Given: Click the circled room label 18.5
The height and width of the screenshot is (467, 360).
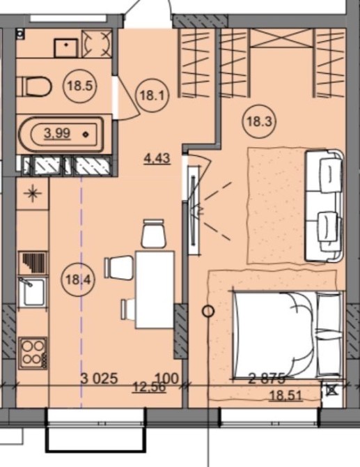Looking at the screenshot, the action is (80, 86).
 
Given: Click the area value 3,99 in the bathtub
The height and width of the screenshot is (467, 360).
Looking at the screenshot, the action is (57, 133).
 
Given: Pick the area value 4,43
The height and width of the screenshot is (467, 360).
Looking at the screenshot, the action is (157, 158).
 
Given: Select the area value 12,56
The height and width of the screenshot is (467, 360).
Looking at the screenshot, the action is (149, 388).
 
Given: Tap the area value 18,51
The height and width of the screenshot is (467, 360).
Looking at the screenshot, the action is (285, 396).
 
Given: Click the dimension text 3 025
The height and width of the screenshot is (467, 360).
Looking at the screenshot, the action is (100, 378).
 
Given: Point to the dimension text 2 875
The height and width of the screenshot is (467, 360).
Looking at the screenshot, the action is (267, 378).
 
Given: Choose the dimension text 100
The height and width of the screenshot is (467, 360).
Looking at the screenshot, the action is (167, 378).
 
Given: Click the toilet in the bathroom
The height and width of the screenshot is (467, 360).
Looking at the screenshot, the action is (33, 86).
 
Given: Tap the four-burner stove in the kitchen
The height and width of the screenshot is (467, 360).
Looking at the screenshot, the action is (33, 353).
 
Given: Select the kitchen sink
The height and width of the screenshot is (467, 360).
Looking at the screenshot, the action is (33, 293).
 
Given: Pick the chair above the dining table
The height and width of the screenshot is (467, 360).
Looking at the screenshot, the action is (153, 233).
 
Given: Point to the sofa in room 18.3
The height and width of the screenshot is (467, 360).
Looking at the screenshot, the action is (324, 206).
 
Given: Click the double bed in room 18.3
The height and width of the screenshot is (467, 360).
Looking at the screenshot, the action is (288, 335).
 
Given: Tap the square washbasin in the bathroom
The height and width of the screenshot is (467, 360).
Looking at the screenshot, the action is (65, 47).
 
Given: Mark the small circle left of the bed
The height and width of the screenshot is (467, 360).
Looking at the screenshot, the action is (208, 312).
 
